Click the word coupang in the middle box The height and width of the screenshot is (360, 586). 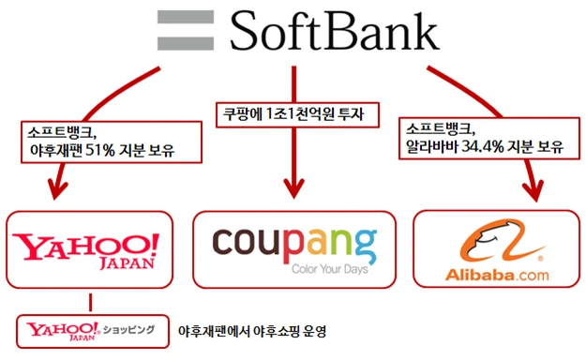pyautogui.click(x=294, y=243)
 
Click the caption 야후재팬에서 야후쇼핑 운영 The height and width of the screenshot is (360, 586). pyautogui.click(x=259, y=331)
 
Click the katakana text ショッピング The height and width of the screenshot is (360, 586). pyautogui.click(x=128, y=330)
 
